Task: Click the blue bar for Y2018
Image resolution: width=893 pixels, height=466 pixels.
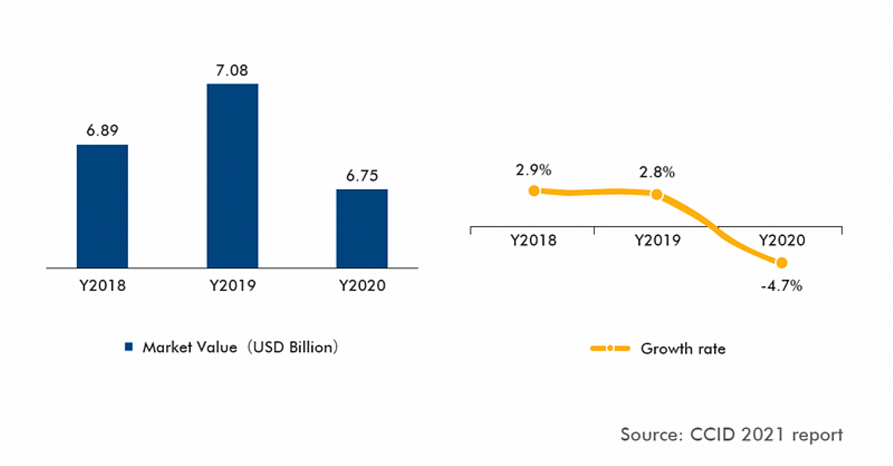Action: [x=102, y=205]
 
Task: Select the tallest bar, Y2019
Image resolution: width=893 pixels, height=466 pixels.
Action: [x=232, y=175]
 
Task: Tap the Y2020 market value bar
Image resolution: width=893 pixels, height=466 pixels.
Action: [x=362, y=228]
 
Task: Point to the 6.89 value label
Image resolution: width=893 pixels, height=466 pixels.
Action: [x=102, y=130]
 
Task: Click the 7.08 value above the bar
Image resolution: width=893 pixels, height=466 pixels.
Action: [x=232, y=70]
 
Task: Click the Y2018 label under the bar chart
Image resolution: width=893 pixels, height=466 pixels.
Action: [x=102, y=286]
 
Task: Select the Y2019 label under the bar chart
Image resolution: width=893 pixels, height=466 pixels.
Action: [x=232, y=286]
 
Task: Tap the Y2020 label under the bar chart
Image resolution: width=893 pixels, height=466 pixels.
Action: [x=362, y=286]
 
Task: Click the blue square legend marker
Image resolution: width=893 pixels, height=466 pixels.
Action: [x=128, y=347]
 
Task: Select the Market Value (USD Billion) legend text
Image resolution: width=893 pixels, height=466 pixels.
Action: [x=241, y=347]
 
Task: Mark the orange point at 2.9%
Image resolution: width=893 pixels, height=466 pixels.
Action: [x=534, y=191]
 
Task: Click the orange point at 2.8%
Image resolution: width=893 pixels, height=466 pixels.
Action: [x=657, y=194]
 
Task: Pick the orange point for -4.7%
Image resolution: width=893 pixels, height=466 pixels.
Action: [x=781, y=262]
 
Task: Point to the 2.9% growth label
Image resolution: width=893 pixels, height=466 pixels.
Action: [x=533, y=170]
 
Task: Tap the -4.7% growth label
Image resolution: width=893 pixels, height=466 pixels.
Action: [x=781, y=285]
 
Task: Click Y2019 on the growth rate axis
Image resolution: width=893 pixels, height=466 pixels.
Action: [x=657, y=241]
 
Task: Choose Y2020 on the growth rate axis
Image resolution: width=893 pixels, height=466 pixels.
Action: [x=781, y=241]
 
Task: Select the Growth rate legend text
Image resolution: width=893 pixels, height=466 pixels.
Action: [x=683, y=348]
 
